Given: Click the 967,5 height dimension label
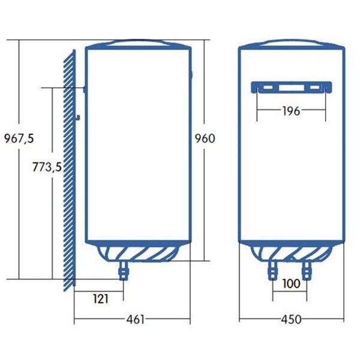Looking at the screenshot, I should pos(18,138).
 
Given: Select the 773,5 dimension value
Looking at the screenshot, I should pos(47,167).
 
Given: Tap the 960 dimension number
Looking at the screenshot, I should pos(205,138).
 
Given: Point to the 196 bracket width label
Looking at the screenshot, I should pos(291,110).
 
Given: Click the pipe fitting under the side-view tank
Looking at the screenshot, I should pos(125,272).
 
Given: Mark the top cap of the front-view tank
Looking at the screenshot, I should pos(291,44).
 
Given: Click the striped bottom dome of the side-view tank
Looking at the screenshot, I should pos(137,252).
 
